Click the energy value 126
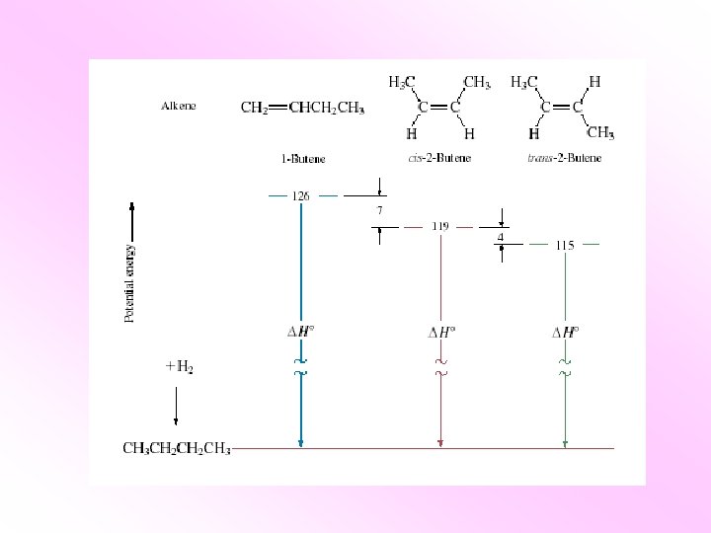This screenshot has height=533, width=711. [301, 195]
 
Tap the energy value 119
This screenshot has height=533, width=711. [440, 226]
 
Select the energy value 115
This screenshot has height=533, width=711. [565, 245]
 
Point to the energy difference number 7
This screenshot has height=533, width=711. [379, 210]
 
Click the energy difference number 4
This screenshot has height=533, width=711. [501, 237]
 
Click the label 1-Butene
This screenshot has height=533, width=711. [303, 158]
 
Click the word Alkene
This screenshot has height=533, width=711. [178, 107]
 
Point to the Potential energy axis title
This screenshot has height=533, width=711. [130, 283]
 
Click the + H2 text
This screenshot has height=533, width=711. [179, 366]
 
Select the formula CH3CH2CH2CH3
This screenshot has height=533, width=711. [177, 449]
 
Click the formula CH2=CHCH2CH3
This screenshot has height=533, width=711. [303, 109]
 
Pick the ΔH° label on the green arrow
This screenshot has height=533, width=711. [565, 332]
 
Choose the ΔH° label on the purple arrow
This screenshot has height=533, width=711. [440, 332]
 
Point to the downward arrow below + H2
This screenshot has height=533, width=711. [176, 405]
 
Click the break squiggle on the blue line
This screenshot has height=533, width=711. [300, 370]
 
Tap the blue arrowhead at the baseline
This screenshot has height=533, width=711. [300, 443]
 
